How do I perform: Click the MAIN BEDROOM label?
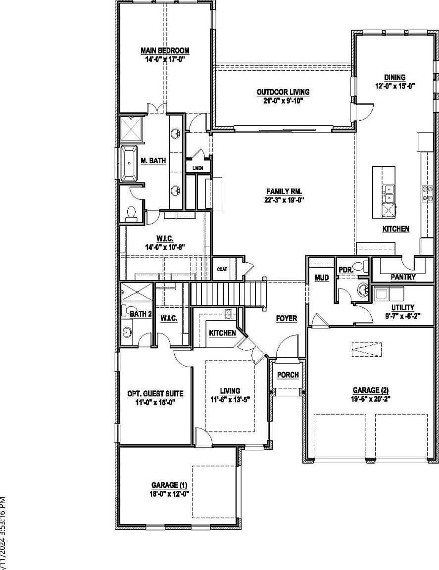(x=165, y=50)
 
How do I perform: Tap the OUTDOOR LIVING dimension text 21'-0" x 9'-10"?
(x=283, y=100)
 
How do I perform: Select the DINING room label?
(x=394, y=77)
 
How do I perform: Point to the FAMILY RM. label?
(x=284, y=191)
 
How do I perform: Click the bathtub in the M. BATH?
(x=131, y=162)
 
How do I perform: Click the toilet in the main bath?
(x=132, y=213)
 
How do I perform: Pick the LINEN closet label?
(x=197, y=169)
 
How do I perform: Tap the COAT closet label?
(x=222, y=269)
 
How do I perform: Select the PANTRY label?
(x=403, y=277)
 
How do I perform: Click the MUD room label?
(x=322, y=278)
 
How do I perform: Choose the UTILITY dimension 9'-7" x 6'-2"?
(x=402, y=316)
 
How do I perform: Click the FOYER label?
(x=287, y=318)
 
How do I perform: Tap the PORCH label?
(x=288, y=375)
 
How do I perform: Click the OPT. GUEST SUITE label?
(x=155, y=394)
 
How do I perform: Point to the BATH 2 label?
(x=141, y=314)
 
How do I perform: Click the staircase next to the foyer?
(x=228, y=293)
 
